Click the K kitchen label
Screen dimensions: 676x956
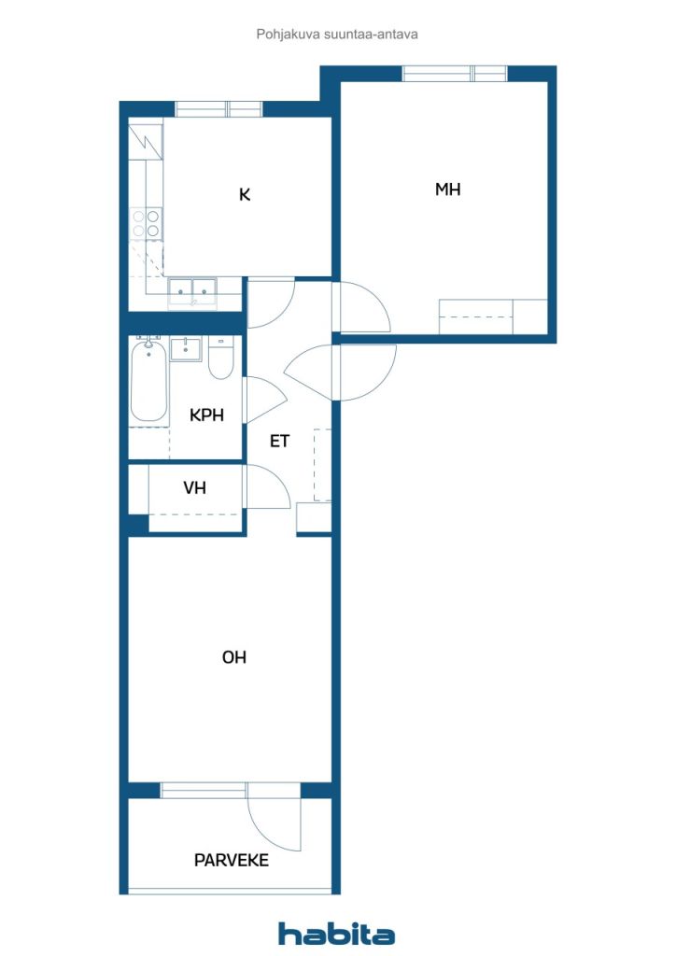point(245,194)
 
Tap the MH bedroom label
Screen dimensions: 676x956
point(447,190)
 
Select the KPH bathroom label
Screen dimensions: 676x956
point(206,415)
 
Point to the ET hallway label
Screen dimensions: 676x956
point(279,441)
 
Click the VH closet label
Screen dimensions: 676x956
point(194,487)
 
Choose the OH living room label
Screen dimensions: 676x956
point(234,657)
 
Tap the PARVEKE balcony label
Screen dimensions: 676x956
point(231,860)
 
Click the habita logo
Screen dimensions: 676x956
point(336,934)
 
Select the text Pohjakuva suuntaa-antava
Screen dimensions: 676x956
point(337,35)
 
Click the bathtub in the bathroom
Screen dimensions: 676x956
point(148,381)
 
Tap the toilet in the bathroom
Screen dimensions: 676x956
point(220,358)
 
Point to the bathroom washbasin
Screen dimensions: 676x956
point(185,349)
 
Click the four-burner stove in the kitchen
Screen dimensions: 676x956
point(147,223)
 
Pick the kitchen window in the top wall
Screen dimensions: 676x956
point(218,110)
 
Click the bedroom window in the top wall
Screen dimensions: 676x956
point(455,74)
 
